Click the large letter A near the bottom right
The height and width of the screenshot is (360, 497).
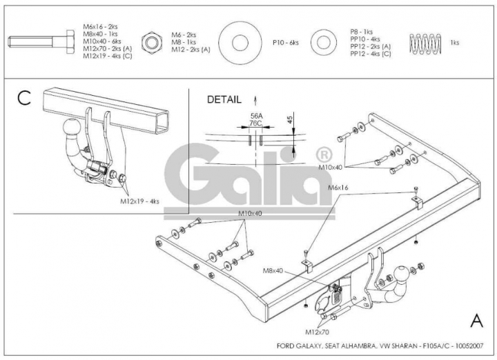(477, 321)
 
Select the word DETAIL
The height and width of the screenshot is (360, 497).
(224, 99)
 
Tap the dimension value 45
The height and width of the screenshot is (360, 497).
(290, 120)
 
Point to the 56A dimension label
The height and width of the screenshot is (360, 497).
(256, 116)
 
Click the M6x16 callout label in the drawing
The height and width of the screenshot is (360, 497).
(338, 188)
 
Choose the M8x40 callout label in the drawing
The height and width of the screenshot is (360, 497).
(273, 271)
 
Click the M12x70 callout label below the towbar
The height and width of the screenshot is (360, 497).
(317, 332)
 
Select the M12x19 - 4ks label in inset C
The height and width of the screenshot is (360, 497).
(139, 201)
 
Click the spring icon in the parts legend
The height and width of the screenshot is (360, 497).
(425, 43)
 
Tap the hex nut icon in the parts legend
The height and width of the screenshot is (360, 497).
(152, 42)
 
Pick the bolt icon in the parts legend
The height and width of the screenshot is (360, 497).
(41, 41)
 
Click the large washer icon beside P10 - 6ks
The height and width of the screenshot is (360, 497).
(240, 43)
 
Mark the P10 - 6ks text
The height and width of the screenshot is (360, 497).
(286, 43)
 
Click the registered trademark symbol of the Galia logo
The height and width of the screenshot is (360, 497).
(324, 155)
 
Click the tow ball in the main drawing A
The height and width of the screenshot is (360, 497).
(401, 274)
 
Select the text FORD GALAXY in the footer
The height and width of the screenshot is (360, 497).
(300, 346)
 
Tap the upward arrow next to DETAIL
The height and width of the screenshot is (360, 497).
(255, 101)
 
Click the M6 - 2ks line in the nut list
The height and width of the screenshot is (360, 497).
(184, 35)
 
